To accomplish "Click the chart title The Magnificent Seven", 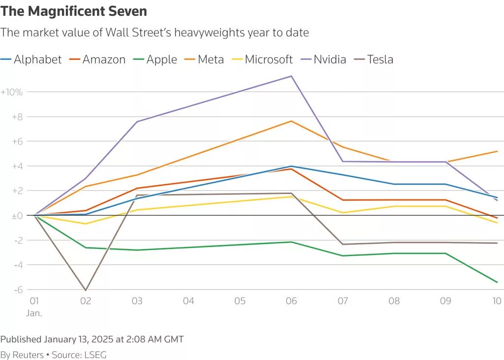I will click(74, 11).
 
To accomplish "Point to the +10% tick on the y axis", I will click(12, 92).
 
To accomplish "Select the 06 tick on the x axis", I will click(291, 301).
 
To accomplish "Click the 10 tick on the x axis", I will click(497, 301).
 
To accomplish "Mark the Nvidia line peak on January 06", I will click(291, 76).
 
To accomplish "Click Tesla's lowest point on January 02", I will click(86, 290).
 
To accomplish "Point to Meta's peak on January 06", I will click(291, 121).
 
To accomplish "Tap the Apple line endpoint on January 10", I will click(497, 282).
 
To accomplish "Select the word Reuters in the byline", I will click(28, 355).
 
